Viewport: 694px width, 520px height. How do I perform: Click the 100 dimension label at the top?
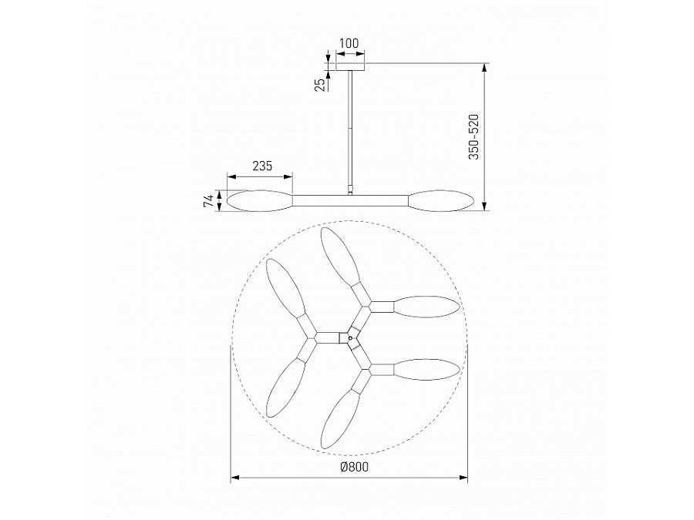(x=351, y=44)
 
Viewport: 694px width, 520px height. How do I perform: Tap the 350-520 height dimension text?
(x=474, y=136)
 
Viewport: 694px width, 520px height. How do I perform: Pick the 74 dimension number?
(x=207, y=201)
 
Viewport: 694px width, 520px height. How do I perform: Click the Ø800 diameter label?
(x=350, y=467)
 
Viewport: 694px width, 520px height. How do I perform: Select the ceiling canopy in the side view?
(x=351, y=66)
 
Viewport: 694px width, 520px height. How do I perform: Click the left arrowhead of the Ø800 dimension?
(x=234, y=478)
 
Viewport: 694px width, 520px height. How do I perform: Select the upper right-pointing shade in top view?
(x=426, y=305)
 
